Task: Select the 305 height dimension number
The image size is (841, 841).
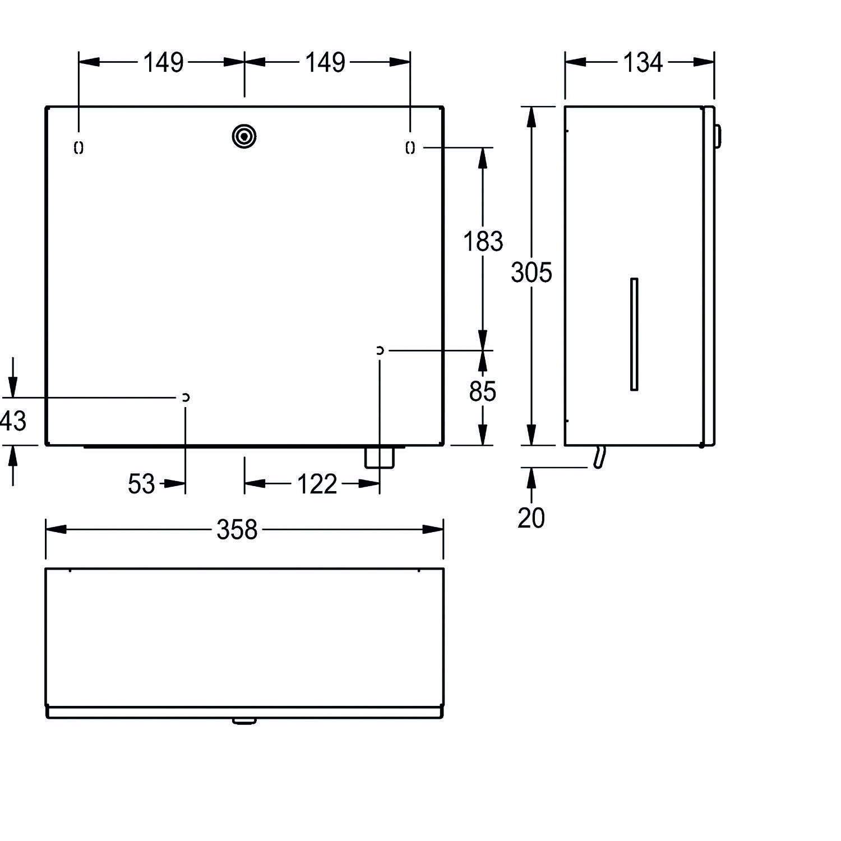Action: [x=532, y=272]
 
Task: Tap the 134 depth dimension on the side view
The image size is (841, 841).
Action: [x=643, y=62]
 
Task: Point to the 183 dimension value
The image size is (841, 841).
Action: [x=483, y=242]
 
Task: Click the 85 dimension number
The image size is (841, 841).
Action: [x=483, y=391]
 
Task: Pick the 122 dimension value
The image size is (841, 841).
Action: [x=317, y=484]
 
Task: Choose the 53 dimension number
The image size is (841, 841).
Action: [x=141, y=484]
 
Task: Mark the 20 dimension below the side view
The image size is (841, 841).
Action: [x=531, y=517]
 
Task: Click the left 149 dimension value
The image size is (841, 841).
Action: [x=163, y=62]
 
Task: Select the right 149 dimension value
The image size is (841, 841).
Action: [x=325, y=62]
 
